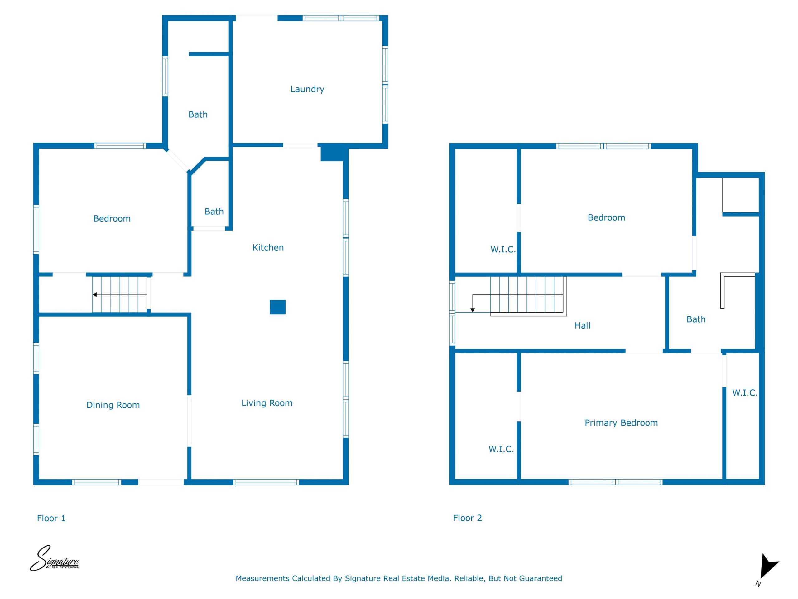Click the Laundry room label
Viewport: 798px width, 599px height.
click(x=307, y=89)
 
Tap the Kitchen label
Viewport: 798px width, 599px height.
click(x=268, y=247)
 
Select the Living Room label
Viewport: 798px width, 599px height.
click(x=267, y=403)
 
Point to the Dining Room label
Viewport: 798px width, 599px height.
click(x=113, y=405)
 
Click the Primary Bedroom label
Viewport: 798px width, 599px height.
click(x=621, y=423)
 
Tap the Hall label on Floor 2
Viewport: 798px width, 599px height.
click(x=583, y=325)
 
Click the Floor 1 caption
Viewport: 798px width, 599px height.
click(x=51, y=518)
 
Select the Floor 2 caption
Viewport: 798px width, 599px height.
click(x=468, y=518)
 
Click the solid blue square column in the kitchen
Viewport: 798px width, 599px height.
click(x=278, y=307)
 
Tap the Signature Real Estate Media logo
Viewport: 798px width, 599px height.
click(x=54, y=558)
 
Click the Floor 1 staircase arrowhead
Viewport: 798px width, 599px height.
click(x=94, y=295)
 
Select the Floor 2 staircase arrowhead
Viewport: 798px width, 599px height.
click(x=473, y=310)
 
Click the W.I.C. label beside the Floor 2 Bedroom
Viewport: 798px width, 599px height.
click(x=503, y=249)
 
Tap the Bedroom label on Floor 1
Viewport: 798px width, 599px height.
click(x=112, y=218)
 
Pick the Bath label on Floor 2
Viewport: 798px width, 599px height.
click(x=696, y=319)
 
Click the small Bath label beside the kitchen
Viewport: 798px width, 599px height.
click(x=214, y=211)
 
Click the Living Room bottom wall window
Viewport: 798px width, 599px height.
click(x=266, y=482)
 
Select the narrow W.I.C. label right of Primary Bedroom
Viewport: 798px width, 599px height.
click(x=745, y=392)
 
